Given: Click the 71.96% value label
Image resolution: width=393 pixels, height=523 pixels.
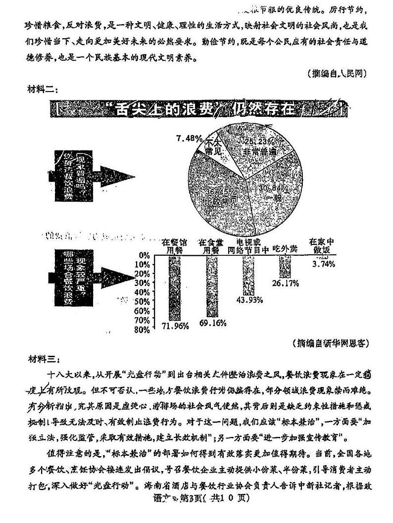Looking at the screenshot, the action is tap(176, 325).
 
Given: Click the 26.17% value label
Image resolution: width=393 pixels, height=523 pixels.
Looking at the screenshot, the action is tap(286, 283).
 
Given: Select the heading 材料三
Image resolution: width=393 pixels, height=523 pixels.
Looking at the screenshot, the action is tap(43, 358).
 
